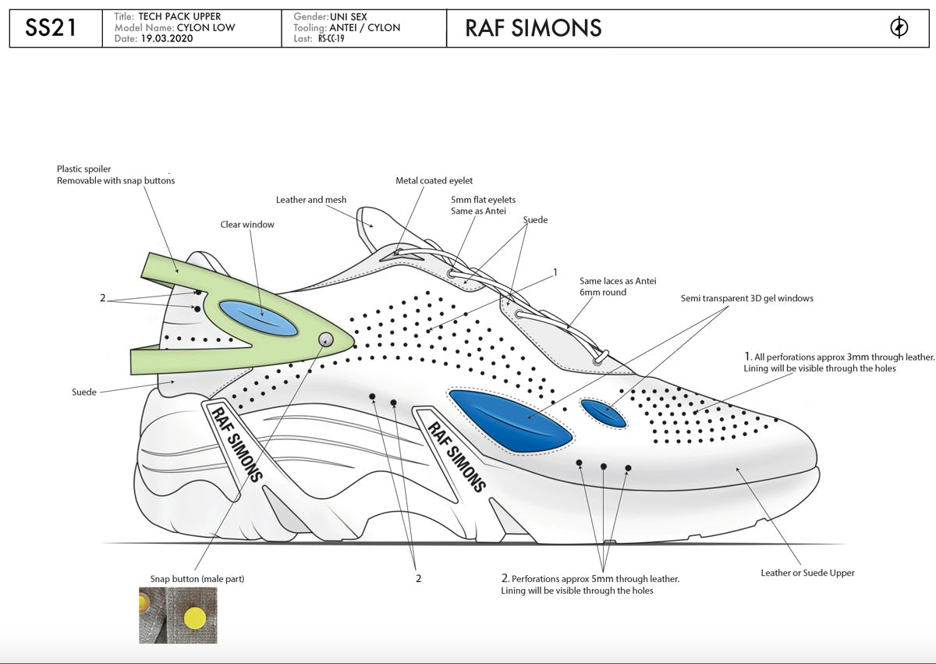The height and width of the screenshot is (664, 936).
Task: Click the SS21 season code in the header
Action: (x=51, y=28)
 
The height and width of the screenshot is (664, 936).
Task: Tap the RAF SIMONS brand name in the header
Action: (x=533, y=28)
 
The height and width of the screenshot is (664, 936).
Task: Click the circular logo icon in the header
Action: (x=899, y=28)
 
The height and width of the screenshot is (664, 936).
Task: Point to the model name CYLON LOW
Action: (x=206, y=27)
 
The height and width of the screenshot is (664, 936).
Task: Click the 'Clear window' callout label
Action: (x=247, y=225)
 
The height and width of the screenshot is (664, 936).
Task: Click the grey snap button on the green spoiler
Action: (x=326, y=339)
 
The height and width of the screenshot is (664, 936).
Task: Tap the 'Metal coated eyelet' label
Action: (x=434, y=181)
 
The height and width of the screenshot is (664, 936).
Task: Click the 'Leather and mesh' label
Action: (x=311, y=200)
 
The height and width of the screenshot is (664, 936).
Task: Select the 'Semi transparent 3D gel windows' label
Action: (x=746, y=298)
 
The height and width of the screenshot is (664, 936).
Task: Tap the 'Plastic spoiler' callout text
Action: (x=84, y=169)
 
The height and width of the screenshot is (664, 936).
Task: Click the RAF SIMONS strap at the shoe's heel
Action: (x=234, y=441)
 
